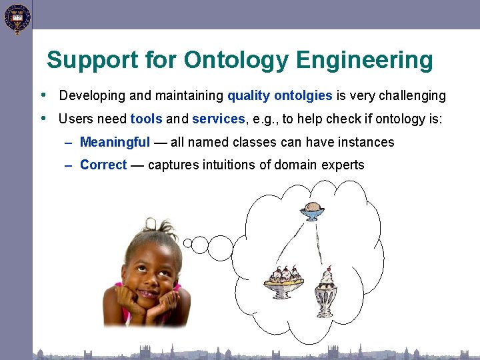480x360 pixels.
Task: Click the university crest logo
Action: pyautogui.click(x=17, y=18)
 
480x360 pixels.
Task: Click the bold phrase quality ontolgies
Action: pyautogui.click(x=279, y=95)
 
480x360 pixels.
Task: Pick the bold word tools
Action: pyautogui.click(x=146, y=119)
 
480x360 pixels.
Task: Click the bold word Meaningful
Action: pyautogui.click(x=115, y=142)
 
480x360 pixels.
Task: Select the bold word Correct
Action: pyautogui.click(x=103, y=165)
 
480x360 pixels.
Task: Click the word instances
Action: pyautogui.click(x=367, y=142)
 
